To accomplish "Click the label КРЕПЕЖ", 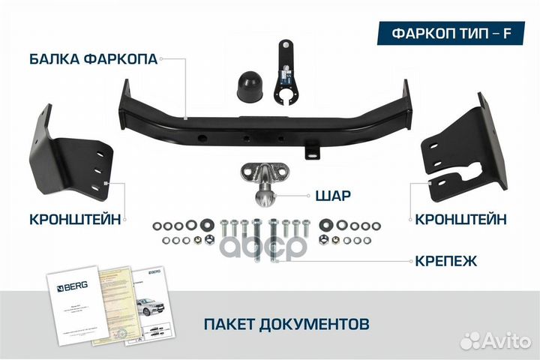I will point(448,261).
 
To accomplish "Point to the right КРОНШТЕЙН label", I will point(460,219).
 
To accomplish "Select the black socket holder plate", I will point(287,75).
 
